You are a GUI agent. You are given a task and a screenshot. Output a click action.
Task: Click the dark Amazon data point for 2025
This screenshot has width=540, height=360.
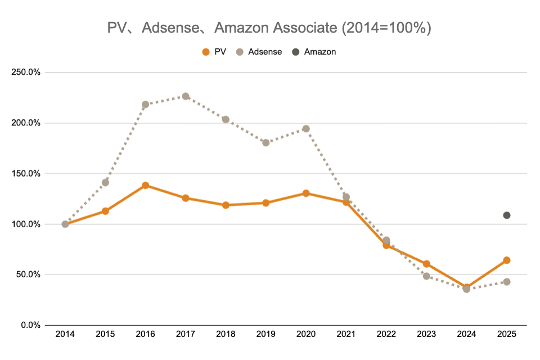507,215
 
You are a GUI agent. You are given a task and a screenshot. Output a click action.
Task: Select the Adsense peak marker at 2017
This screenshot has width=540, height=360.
186,96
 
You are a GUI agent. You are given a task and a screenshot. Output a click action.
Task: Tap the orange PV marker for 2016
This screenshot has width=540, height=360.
146,185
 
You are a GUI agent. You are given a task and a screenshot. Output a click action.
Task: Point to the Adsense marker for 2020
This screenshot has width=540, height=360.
306,129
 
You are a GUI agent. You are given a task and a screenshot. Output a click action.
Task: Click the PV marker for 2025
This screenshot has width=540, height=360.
507,260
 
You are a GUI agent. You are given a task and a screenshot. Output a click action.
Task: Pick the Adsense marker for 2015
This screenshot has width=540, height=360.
105,182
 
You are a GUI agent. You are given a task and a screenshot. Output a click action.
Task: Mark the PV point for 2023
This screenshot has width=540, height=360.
426,264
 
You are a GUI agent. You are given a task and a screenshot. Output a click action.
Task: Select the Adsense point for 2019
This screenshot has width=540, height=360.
266,142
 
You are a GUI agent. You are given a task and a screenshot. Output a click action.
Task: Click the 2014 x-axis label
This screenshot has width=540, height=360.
65,334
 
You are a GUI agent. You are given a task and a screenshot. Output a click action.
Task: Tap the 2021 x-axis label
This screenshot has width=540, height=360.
346,334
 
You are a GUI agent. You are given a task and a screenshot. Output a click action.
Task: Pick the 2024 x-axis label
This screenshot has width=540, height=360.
466,334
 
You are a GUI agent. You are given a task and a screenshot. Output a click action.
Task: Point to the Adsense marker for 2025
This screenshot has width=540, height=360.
507,282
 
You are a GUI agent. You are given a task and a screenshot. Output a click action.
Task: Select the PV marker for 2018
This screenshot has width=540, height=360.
226,205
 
